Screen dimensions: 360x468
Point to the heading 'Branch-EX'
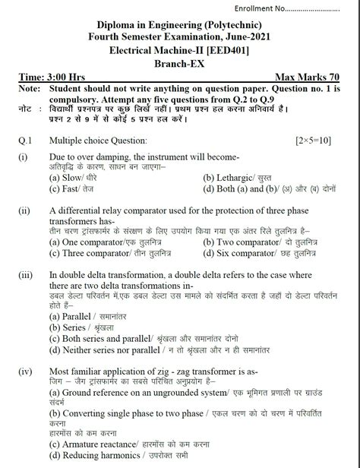(x=179, y=63)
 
